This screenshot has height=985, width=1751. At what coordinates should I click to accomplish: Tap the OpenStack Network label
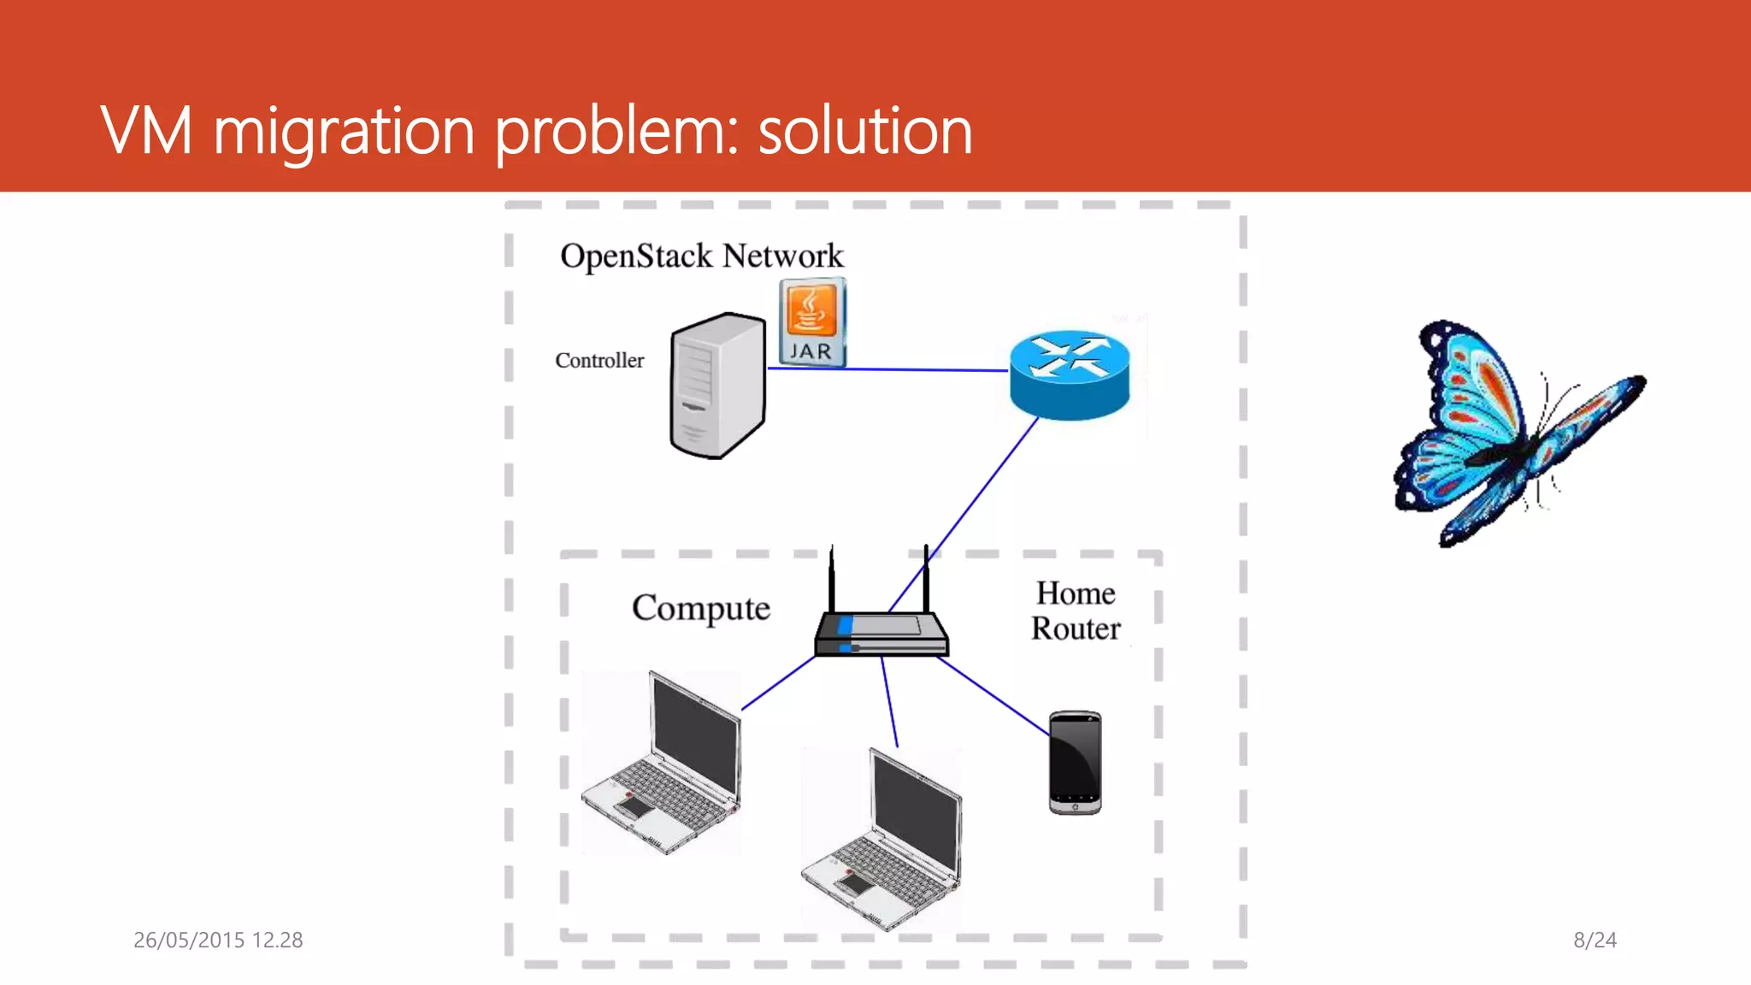click(701, 256)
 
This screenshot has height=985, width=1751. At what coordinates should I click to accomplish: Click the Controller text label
click(599, 361)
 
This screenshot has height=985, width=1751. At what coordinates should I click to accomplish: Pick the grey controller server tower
click(716, 386)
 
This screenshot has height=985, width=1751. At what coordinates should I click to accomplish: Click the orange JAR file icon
click(812, 322)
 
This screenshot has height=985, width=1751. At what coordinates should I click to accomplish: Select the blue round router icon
click(1070, 375)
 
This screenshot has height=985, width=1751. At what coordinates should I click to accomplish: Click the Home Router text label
click(1076, 610)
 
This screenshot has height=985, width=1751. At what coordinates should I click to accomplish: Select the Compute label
click(701, 608)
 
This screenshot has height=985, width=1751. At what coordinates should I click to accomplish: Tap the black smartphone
click(1075, 762)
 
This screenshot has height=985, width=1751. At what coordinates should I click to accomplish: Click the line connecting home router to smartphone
click(993, 695)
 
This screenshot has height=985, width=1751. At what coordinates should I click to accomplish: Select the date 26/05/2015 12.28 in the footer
click(218, 940)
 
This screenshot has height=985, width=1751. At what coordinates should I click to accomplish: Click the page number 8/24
click(1595, 940)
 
